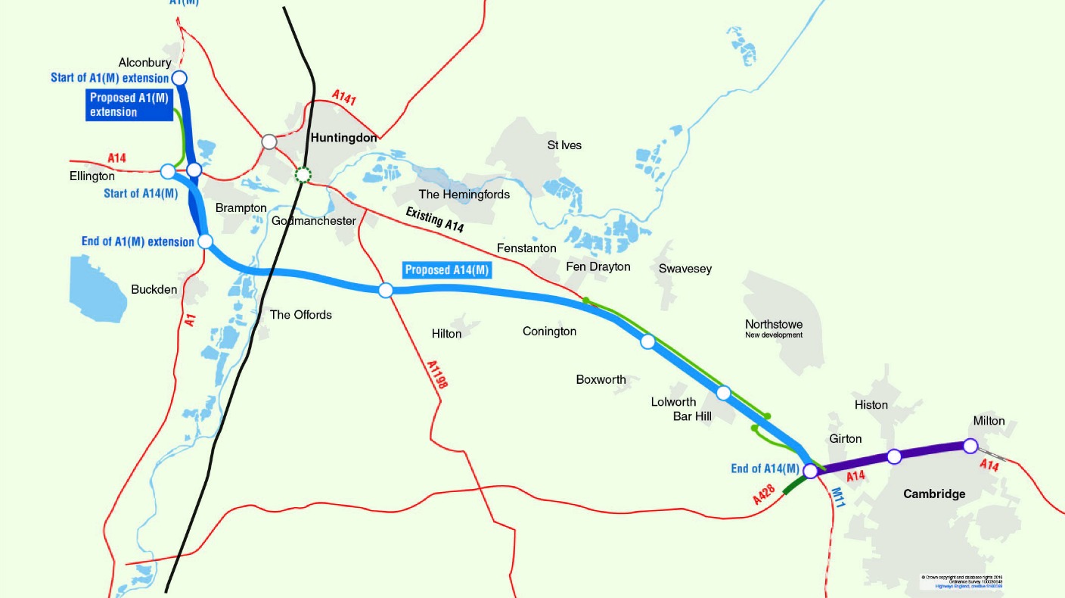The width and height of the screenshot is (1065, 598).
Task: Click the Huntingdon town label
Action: [343, 138]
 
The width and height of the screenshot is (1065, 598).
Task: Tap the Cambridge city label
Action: [934, 494]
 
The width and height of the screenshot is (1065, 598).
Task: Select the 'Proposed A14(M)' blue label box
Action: [447, 270]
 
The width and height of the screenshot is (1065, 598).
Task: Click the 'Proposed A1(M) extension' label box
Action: [129, 104]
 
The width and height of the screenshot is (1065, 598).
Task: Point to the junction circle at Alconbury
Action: [180, 77]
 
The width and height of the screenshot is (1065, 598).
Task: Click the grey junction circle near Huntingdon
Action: [269, 142]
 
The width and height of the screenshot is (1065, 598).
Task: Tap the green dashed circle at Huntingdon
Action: [303, 175]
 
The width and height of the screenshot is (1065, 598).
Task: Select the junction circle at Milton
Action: [970, 445]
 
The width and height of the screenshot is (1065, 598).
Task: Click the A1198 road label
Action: [437, 375]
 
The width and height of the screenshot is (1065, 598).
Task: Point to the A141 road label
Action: [344, 98]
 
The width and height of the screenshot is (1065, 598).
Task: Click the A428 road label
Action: [765, 495]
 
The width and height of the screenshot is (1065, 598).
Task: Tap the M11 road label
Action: [837, 498]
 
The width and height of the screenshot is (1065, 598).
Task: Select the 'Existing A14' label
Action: [434, 220]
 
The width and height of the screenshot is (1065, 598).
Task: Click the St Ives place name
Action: [564, 145]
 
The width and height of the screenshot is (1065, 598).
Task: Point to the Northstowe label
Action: [774, 325]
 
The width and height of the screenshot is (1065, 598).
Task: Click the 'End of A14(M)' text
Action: [765, 469]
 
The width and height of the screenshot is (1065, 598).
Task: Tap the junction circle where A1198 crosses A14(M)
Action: [386, 290]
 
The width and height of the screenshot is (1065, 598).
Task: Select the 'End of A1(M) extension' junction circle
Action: [205, 241]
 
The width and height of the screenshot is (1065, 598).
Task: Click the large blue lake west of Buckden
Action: [99, 288]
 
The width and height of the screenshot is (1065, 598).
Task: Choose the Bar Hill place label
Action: [692, 416]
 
